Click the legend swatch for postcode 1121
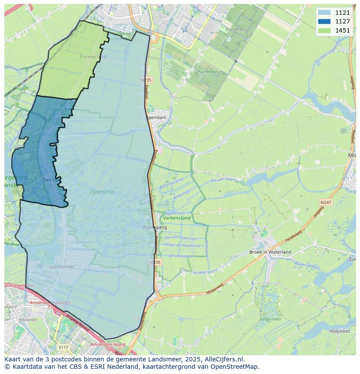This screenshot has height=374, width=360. coord(324,13)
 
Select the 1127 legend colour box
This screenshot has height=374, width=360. coord(324,21)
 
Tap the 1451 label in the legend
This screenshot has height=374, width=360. coord(343,30)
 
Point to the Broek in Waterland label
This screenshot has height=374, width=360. coord(270,252)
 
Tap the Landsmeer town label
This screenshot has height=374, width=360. coord(62,266)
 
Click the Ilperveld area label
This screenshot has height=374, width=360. coord(102,192)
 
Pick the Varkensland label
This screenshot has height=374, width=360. coord(177,218)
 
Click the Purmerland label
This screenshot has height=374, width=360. coord(93,57)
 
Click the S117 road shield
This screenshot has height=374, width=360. coord(63,347)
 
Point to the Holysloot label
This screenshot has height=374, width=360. coord(340,331)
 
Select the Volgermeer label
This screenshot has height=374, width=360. coord(270,319)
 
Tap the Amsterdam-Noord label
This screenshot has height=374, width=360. coord(107,344)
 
